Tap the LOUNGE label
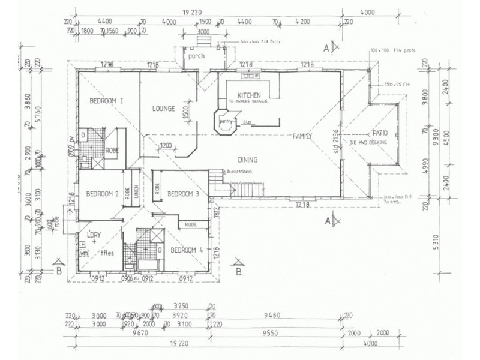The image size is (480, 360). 163,109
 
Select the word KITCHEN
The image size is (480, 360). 248,96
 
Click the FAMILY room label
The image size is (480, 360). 302,137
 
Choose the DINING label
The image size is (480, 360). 247,160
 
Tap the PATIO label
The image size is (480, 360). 380,133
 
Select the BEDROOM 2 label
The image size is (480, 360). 101,193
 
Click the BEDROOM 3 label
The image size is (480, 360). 182,193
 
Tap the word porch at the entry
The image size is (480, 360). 196,56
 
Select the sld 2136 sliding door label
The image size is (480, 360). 337,139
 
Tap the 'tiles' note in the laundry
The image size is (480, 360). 109,253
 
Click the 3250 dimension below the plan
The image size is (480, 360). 181,305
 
